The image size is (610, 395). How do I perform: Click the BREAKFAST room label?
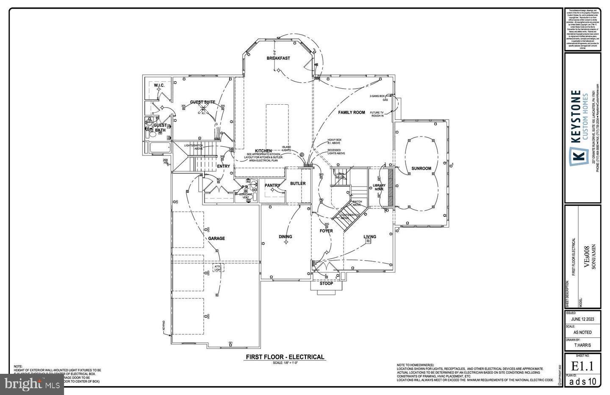pos(278,58)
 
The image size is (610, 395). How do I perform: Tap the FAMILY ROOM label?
pos(351,113)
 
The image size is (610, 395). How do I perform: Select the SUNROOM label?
pos(421,169)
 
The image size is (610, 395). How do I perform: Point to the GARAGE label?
pos(216,239)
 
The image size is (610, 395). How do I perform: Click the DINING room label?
pos(285,237)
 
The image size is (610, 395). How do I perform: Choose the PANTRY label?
pos(272,186)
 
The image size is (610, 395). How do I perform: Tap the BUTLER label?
pos(298,184)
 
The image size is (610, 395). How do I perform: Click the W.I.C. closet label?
pos(159,86)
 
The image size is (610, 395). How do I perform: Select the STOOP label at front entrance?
pos(326,284)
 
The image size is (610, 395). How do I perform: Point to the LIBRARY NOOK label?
pos(379,186)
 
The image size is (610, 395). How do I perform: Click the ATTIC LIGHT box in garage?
pos(218,268)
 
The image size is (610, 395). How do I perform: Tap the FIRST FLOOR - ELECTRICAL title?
pos(285,357)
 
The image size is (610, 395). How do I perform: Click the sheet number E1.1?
pos(582,366)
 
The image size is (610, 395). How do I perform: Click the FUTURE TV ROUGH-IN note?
pos(377,114)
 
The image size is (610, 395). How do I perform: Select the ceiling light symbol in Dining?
pos(286,242)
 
